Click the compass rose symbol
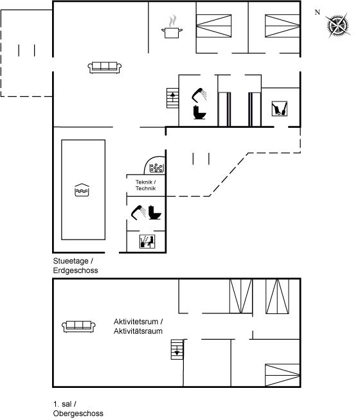pyautogui.click(x=338, y=26)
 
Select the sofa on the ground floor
pyautogui.click(x=105, y=67)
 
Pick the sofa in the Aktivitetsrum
pyautogui.click(x=78, y=326)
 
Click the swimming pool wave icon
pyautogui.click(x=82, y=190)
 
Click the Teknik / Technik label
pyautogui.click(x=145, y=185)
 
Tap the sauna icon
pyautogui.click(x=147, y=241)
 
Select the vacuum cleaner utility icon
pyautogui.click(x=280, y=109)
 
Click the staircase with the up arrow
pyautogui.click(x=172, y=98)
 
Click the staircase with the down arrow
pyautogui.click(x=177, y=349)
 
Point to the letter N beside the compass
pyautogui.click(x=318, y=12)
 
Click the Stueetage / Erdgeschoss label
pyautogui.click(x=76, y=265)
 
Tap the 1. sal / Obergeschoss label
pyautogui.click(x=78, y=408)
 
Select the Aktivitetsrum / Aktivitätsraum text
pyautogui.click(x=138, y=326)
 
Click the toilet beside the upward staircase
pyautogui.click(x=199, y=112)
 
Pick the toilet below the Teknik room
pyautogui.click(x=155, y=213)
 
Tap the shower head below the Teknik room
pyautogui.click(x=139, y=213)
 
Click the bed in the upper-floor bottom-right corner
pyautogui.click(x=282, y=375)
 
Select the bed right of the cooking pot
pyautogui.click(x=213, y=26)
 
